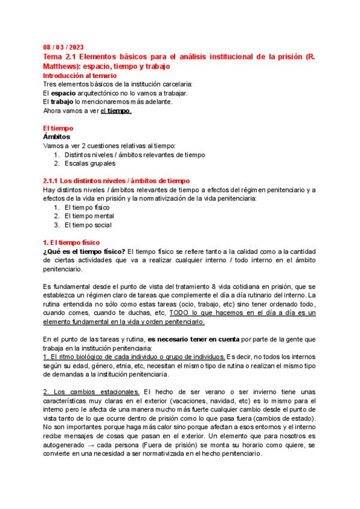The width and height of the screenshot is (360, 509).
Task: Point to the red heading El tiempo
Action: click(58, 128)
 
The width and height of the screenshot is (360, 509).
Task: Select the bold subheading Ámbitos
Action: click(56, 137)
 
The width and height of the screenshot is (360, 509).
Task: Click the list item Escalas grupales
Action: click(89, 163)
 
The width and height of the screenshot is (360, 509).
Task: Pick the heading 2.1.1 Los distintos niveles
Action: click(116, 181)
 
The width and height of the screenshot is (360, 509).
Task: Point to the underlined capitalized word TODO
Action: click(179, 313)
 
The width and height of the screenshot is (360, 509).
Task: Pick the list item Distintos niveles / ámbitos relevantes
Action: click(134, 154)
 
